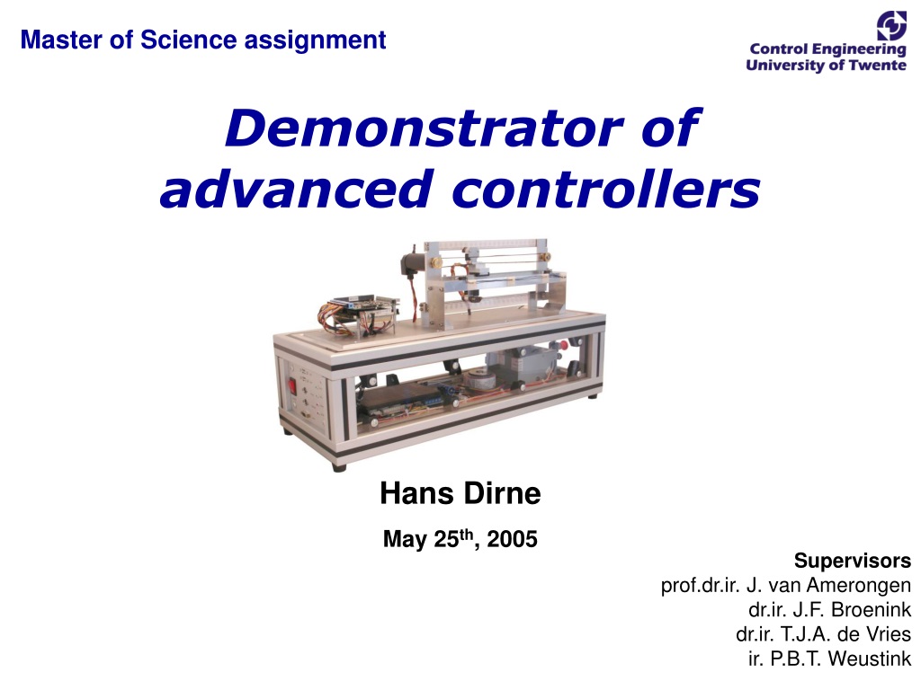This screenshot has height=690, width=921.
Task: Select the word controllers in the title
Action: pyautogui.click(x=606, y=189)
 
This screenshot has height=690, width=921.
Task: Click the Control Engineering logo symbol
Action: pyautogui.click(x=891, y=26)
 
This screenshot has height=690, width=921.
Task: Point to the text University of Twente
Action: pyautogui.click(x=826, y=65)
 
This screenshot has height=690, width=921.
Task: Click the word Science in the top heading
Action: pyautogui.click(x=189, y=40)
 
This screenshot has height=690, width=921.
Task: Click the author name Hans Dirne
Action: pyautogui.click(x=460, y=493)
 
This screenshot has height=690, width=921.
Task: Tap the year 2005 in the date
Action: pyautogui.click(x=512, y=539)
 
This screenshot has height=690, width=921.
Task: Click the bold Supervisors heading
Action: pyautogui.click(x=853, y=561)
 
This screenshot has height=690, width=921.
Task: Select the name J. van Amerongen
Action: pyautogui.click(x=828, y=586)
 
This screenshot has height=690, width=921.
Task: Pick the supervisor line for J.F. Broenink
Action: pyautogui.click(x=829, y=610)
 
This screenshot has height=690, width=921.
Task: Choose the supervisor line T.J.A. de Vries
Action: pyautogui.click(x=824, y=635)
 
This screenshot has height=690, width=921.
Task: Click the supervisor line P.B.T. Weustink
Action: pyautogui.click(x=829, y=659)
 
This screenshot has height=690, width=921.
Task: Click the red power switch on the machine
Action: pyautogui.click(x=291, y=386)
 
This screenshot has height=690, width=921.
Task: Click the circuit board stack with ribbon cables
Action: pyautogui.click(x=357, y=315)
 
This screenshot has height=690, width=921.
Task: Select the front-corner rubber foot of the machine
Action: pyautogui.click(x=339, y=467)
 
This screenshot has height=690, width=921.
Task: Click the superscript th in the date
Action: pyautogui.click(x=466, y=534)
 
